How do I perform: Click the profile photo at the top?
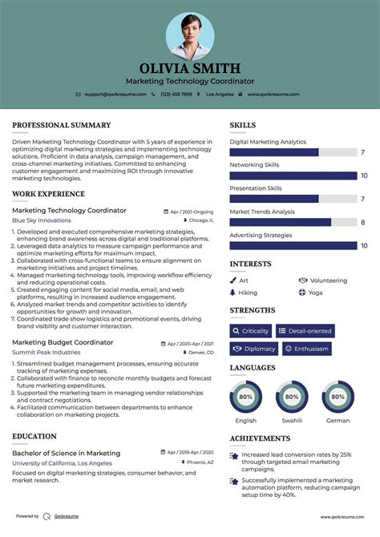pyautogui.click(x=190, y=36)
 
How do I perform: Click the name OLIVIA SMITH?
pyautogui.click(x=190, y=68)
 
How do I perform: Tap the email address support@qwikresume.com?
pyautogui.click(x=115, y=94)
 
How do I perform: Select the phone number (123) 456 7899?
pyautogui.click(x=176, y=94)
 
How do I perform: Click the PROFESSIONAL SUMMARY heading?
pyautogui.click(x=62, y=125)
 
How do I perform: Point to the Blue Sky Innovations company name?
pyautogui.click(x=42, y=220)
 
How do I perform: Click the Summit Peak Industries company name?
pyautogui.click(x=46, y=352)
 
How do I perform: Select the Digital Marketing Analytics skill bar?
pyautogui.click(x=274, y=152)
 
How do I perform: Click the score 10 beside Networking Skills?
pyautogui.click(x=363, y=176)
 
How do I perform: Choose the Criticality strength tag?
pyautogui.click(x=250, y=330)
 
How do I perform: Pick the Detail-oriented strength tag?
pyautogui.click(x=305, y=330)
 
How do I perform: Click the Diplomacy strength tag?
pyautogui.click(x=254, y=349)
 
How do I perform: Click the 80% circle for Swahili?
pyautogui.click(x=292, y=397)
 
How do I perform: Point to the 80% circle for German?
pyautogui.click(x=338, y=397)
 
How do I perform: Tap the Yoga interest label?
pyautogui.click(x=315, y=293)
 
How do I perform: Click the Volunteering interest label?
pyautogui.click(x=328, y=281)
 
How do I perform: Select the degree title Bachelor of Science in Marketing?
pyautogui.click(x=66, y=453)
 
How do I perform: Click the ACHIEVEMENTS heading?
pyautogui.click(x=260, y=438)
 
